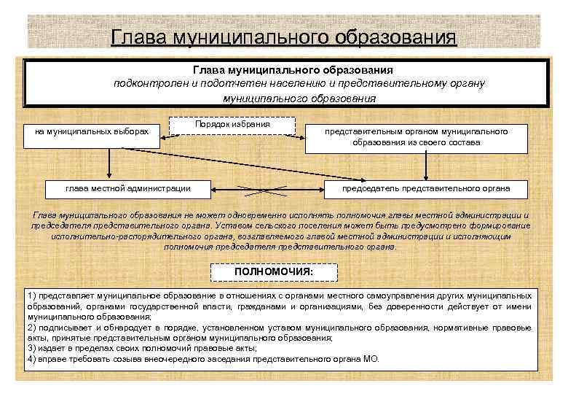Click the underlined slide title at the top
coord(284,36)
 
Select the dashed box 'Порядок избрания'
coord(232,125)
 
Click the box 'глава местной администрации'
coord(128,189)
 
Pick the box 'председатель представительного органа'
coord(426,189)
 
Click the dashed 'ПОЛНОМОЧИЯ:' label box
coord(274,271)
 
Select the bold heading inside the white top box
coord(293,71)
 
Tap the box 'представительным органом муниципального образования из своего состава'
coord(416,136)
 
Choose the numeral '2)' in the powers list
coord(31,328)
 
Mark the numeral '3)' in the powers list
coord(31,349)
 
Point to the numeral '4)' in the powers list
coord(31,360)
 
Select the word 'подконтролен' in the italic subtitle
coord(150,84)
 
